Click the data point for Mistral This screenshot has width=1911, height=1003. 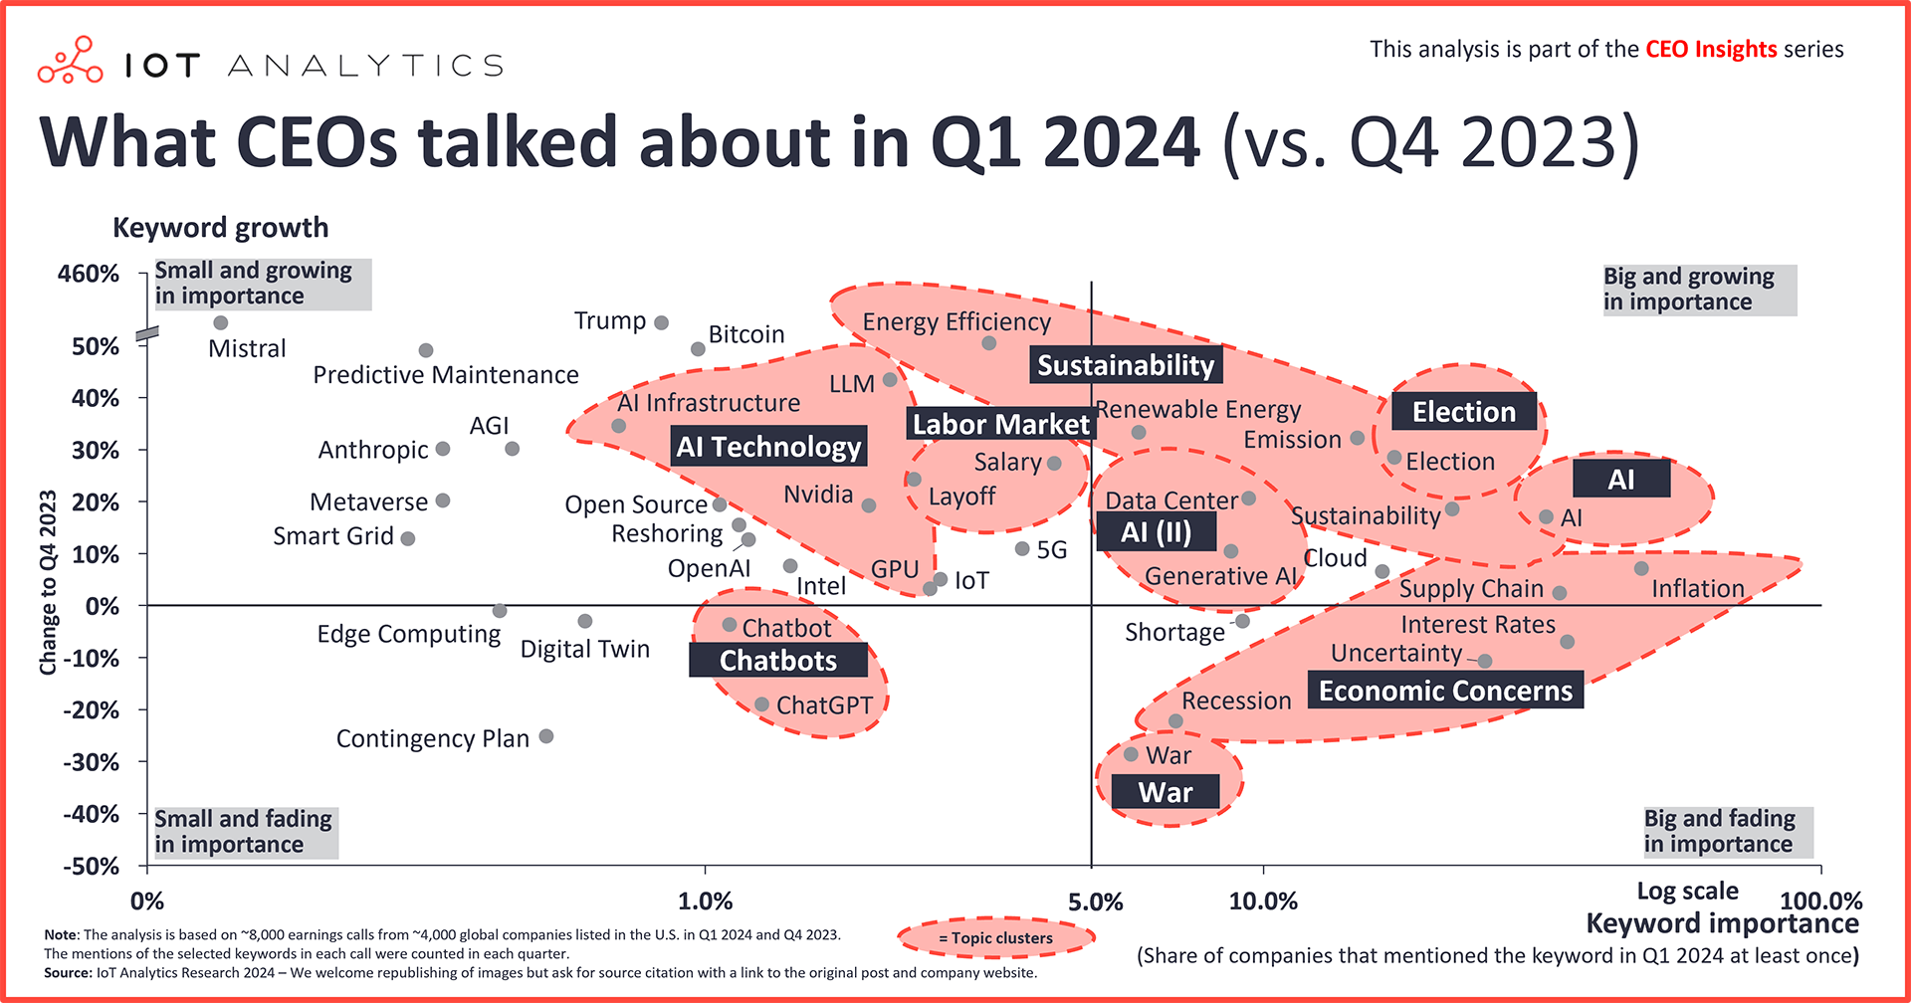click(x=221, y=323)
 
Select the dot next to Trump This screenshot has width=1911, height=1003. click(x=661, y=323)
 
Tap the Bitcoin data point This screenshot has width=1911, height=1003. click(x=698, y=349)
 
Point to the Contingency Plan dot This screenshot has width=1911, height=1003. click(x=546, y=736)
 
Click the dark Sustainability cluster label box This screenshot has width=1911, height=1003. click(x=1126, y=365)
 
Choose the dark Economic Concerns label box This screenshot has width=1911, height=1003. click(x=1445, y=691)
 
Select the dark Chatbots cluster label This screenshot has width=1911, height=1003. click(x=777, y=661)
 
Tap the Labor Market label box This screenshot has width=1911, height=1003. click(x=1000, y=424)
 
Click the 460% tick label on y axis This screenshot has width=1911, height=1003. click(x=89, y=274)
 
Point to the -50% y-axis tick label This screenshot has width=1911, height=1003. click(x=91, y=866)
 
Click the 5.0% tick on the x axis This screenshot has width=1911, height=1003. click(x=1095, y=903)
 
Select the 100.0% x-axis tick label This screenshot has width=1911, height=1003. click(x=1820, y=902)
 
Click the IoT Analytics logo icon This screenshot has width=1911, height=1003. click(x=70, y=62)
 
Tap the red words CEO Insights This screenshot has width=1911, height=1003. click(x=1711, y=49)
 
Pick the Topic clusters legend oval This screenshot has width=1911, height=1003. click(x=995, y=937)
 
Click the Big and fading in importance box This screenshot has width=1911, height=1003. click(x=1727, y=832)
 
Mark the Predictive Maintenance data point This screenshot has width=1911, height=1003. click(x=426, y=350)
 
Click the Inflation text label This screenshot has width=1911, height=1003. click(x=1697, y=589)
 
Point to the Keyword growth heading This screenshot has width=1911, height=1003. click(x=220, y=227)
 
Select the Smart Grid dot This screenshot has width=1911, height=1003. click(x=408, y=538)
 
